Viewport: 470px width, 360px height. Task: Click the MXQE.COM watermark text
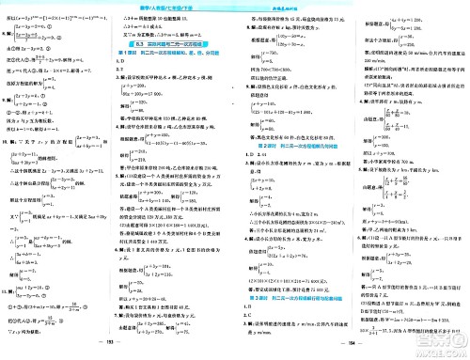443,352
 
